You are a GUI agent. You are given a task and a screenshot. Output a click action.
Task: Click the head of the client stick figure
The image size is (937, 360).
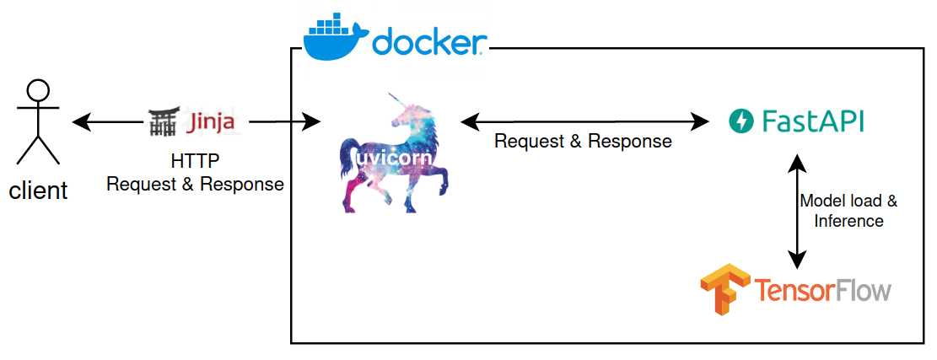point(38,89)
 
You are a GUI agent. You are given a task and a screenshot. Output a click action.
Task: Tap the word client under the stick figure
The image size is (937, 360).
point(38,191)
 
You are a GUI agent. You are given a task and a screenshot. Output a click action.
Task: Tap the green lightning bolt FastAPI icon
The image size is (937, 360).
point(740,122)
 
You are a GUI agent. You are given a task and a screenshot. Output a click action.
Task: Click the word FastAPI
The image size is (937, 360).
point(812,122)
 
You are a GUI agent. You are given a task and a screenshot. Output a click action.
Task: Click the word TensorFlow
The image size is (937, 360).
point(822,291)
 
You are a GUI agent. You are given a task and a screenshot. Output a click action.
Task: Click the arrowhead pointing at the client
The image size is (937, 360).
point(80,123)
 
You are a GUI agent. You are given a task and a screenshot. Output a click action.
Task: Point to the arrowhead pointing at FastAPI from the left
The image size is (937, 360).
point(702,122)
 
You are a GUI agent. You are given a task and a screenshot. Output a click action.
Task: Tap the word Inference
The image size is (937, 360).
point(848,221)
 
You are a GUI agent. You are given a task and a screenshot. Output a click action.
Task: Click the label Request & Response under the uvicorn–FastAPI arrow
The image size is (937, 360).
point(583,142)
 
